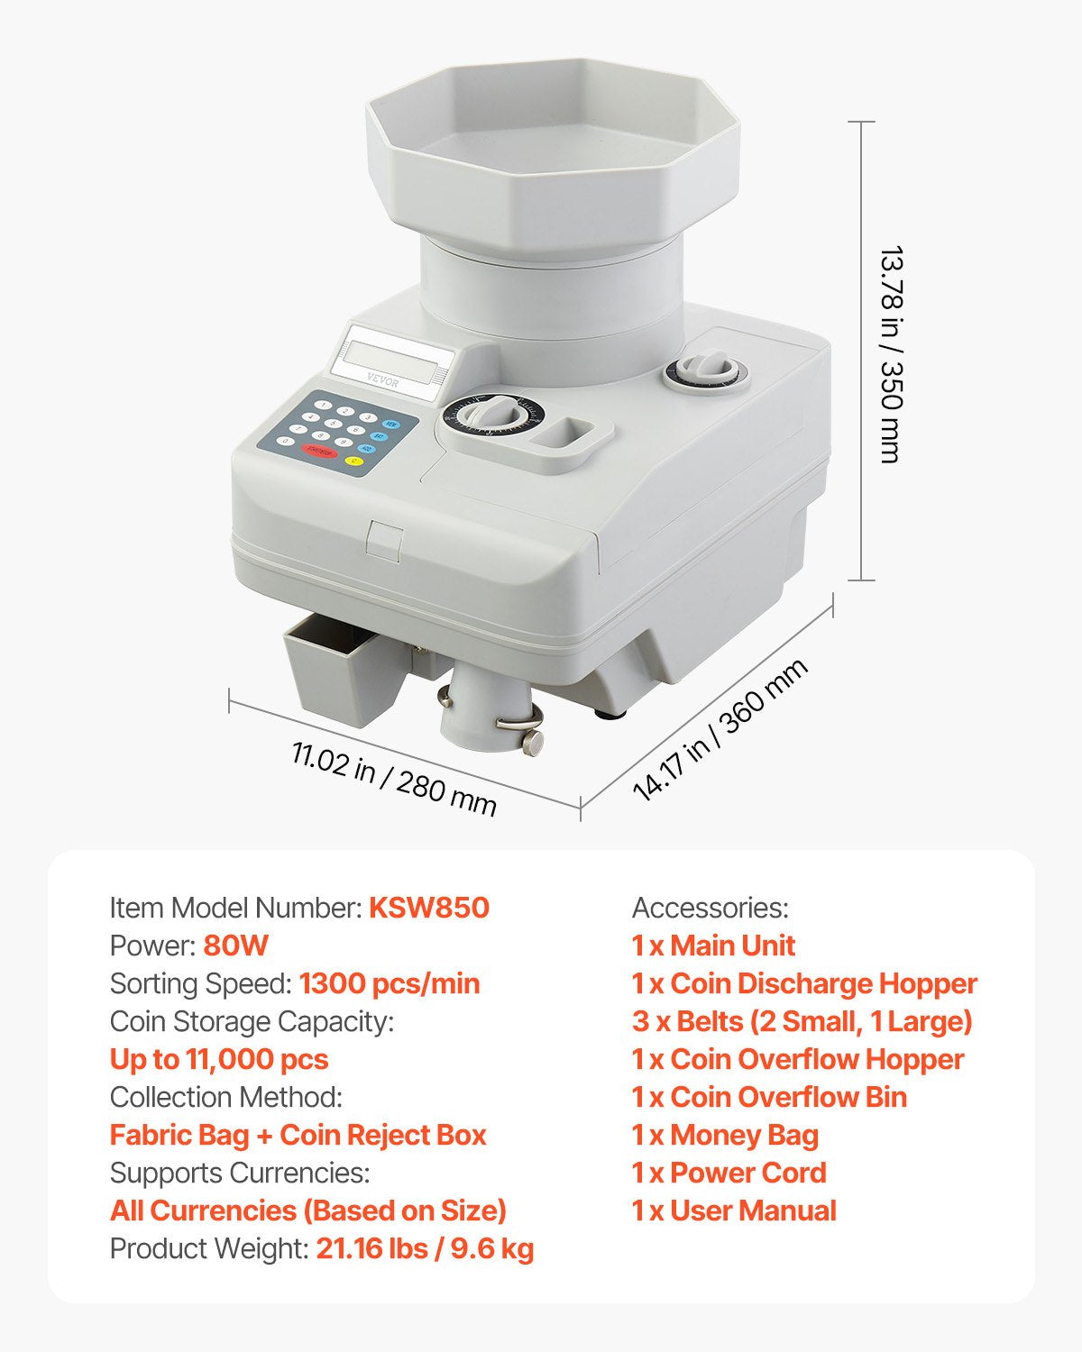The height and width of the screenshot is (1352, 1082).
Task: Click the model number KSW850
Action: point(428,908)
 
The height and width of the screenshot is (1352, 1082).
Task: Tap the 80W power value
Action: point(235,945)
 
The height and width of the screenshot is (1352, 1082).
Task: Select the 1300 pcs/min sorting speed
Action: point(389,983)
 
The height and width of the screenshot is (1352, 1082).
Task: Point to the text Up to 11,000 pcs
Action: point(219,1059)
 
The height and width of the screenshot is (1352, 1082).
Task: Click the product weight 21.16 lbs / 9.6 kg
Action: point(424,1248)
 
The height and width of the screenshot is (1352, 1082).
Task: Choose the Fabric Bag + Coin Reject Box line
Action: point(298,1135)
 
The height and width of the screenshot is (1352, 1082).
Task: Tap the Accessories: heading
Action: point(710,908)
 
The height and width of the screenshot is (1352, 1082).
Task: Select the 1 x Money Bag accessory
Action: point(725,1135)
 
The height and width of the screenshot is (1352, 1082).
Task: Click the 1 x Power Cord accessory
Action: point(729,1173)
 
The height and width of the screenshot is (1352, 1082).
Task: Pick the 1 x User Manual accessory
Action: point(734,1210)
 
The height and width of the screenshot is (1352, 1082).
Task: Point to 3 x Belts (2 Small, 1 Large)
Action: point(802,1021)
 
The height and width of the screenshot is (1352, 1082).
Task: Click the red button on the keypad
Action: point(317,451)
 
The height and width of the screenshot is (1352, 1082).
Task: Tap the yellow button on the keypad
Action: point(353,461)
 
